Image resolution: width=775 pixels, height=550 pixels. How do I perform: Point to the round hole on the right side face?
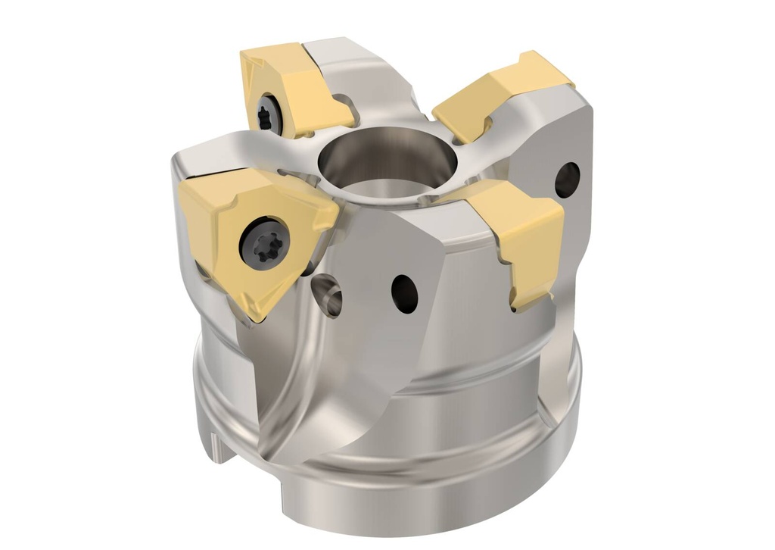567,180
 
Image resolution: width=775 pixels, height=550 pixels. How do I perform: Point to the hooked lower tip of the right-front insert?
522,303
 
